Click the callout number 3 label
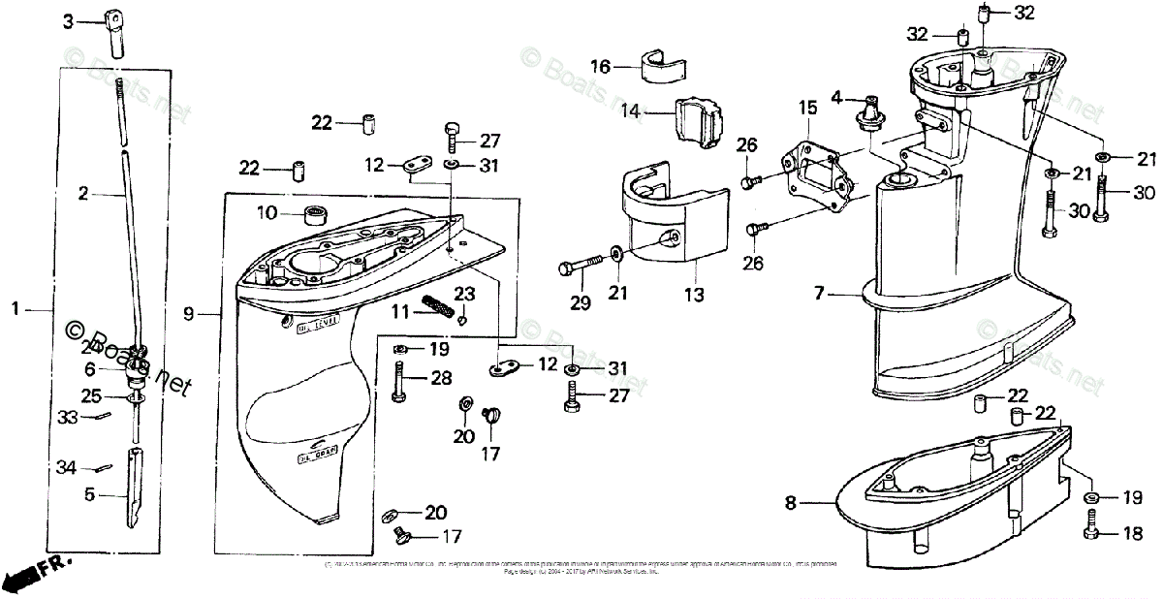tap(68, 20)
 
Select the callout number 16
tap(601, 66)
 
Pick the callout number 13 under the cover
tap(693, 293)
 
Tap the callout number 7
tap(820, 292)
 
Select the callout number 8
tap(791, 502)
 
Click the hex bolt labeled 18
tap(1091, 531)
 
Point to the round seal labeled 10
tap(317, 214)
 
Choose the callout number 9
tap(189, 312)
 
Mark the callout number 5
tap(90, 492)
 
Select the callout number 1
tap(16, 309)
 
